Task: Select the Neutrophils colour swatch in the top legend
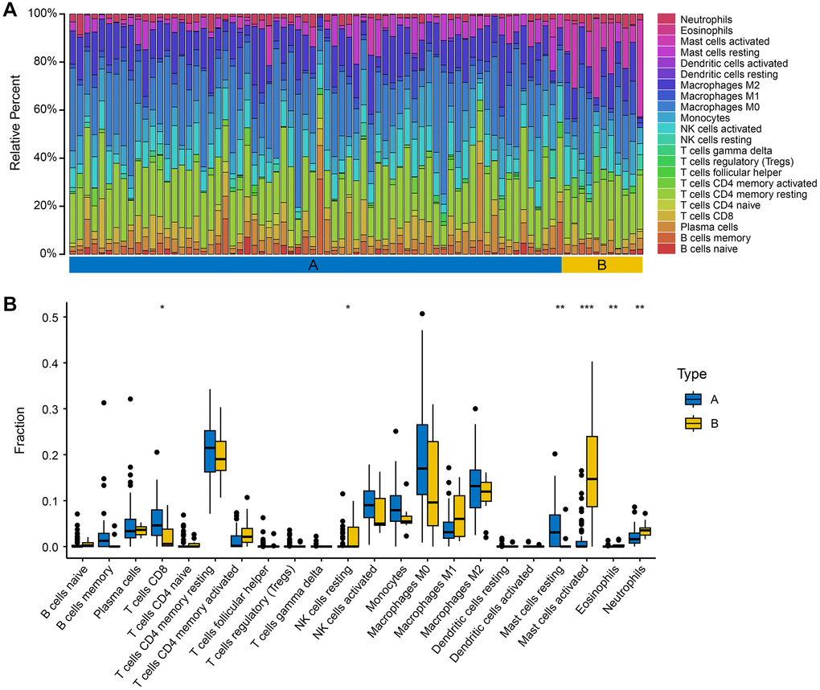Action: [666, 18]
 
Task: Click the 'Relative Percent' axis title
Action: [15, 133]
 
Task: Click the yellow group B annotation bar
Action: [601, 265]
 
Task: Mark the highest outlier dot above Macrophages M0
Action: [422, 314]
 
